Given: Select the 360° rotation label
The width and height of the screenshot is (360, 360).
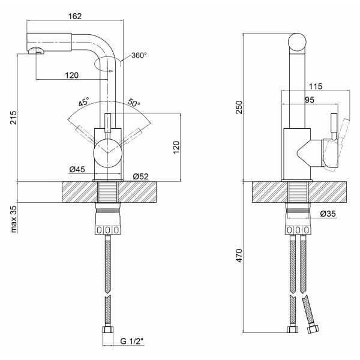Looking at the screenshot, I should (x=139, y=55).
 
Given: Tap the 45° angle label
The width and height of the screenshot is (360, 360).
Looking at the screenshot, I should (x=83, y=101).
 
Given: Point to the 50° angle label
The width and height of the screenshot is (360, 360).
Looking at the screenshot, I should (x=133, y=104).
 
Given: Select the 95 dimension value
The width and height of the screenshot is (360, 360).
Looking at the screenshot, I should (x=310, y=100).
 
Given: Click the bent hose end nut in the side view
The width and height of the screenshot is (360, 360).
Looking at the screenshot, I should (x=312, y=329).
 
